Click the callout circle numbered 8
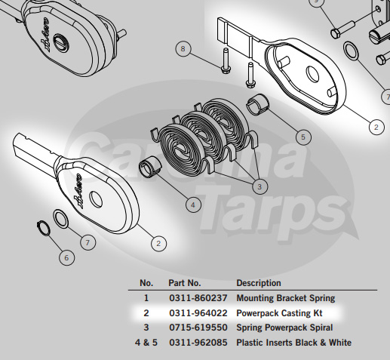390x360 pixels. point(183,48)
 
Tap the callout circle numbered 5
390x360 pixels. point(303,137)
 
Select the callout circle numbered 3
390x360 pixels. point(259,186)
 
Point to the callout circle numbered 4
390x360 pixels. point(193,205)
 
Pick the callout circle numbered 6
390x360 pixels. point(66,258)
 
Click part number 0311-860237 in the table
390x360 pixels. point(198,298)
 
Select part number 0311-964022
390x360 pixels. point(198,313)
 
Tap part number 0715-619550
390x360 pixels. point(198,328)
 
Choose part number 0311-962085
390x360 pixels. point(198,343)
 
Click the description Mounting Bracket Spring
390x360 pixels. point(286,298)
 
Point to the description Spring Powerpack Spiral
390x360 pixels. point(284,328)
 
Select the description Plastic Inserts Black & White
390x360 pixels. point(293,343)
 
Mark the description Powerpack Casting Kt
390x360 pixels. point(279,313)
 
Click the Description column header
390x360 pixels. point(259,283)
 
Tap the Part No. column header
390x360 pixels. point(185,283)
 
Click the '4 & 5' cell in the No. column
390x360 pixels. point(146,343)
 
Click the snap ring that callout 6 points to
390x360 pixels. point(44,229)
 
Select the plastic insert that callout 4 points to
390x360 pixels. point(150,167)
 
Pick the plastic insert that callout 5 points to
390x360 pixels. point(257,104)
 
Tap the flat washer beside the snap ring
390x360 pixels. point(61,219)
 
